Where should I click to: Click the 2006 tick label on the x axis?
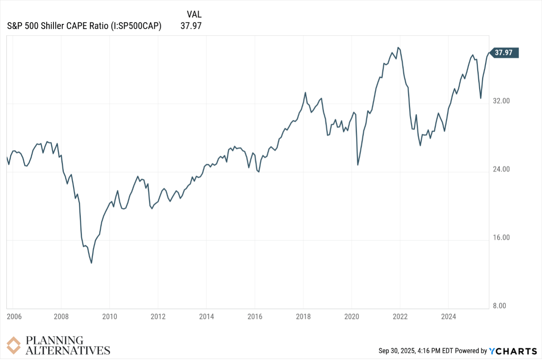coord(14,316)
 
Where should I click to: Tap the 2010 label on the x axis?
coord(110,316)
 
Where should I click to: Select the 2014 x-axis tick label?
coord(207,316)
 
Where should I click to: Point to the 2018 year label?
coord(303,316)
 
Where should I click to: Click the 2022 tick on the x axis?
coord(400,316)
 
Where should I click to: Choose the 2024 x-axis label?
coord(448,316)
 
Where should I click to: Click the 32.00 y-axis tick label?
coord(501,101)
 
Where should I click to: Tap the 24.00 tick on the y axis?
coord(501,169)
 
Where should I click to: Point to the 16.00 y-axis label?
coord(501,238)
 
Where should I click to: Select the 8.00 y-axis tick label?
coord(499,306)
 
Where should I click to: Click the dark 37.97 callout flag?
coord(504,53)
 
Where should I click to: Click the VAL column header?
coord(194,14)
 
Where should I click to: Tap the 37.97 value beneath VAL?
coord(191,26)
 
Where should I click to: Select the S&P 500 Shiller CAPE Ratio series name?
coord(84,26)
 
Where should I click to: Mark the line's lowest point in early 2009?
coord(91,263)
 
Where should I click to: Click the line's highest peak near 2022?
coord(398,48)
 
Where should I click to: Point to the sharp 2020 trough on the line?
coord(358,165)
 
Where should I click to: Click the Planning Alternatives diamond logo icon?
coord(14,345)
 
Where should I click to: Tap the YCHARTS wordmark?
coord(513,351)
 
